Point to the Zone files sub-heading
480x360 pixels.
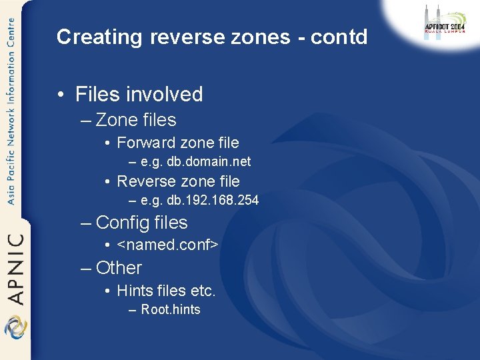136,120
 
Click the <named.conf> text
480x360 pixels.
167,245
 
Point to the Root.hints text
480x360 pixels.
170,309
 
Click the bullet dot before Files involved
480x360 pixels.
61,95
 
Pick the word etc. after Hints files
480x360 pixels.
203,291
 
